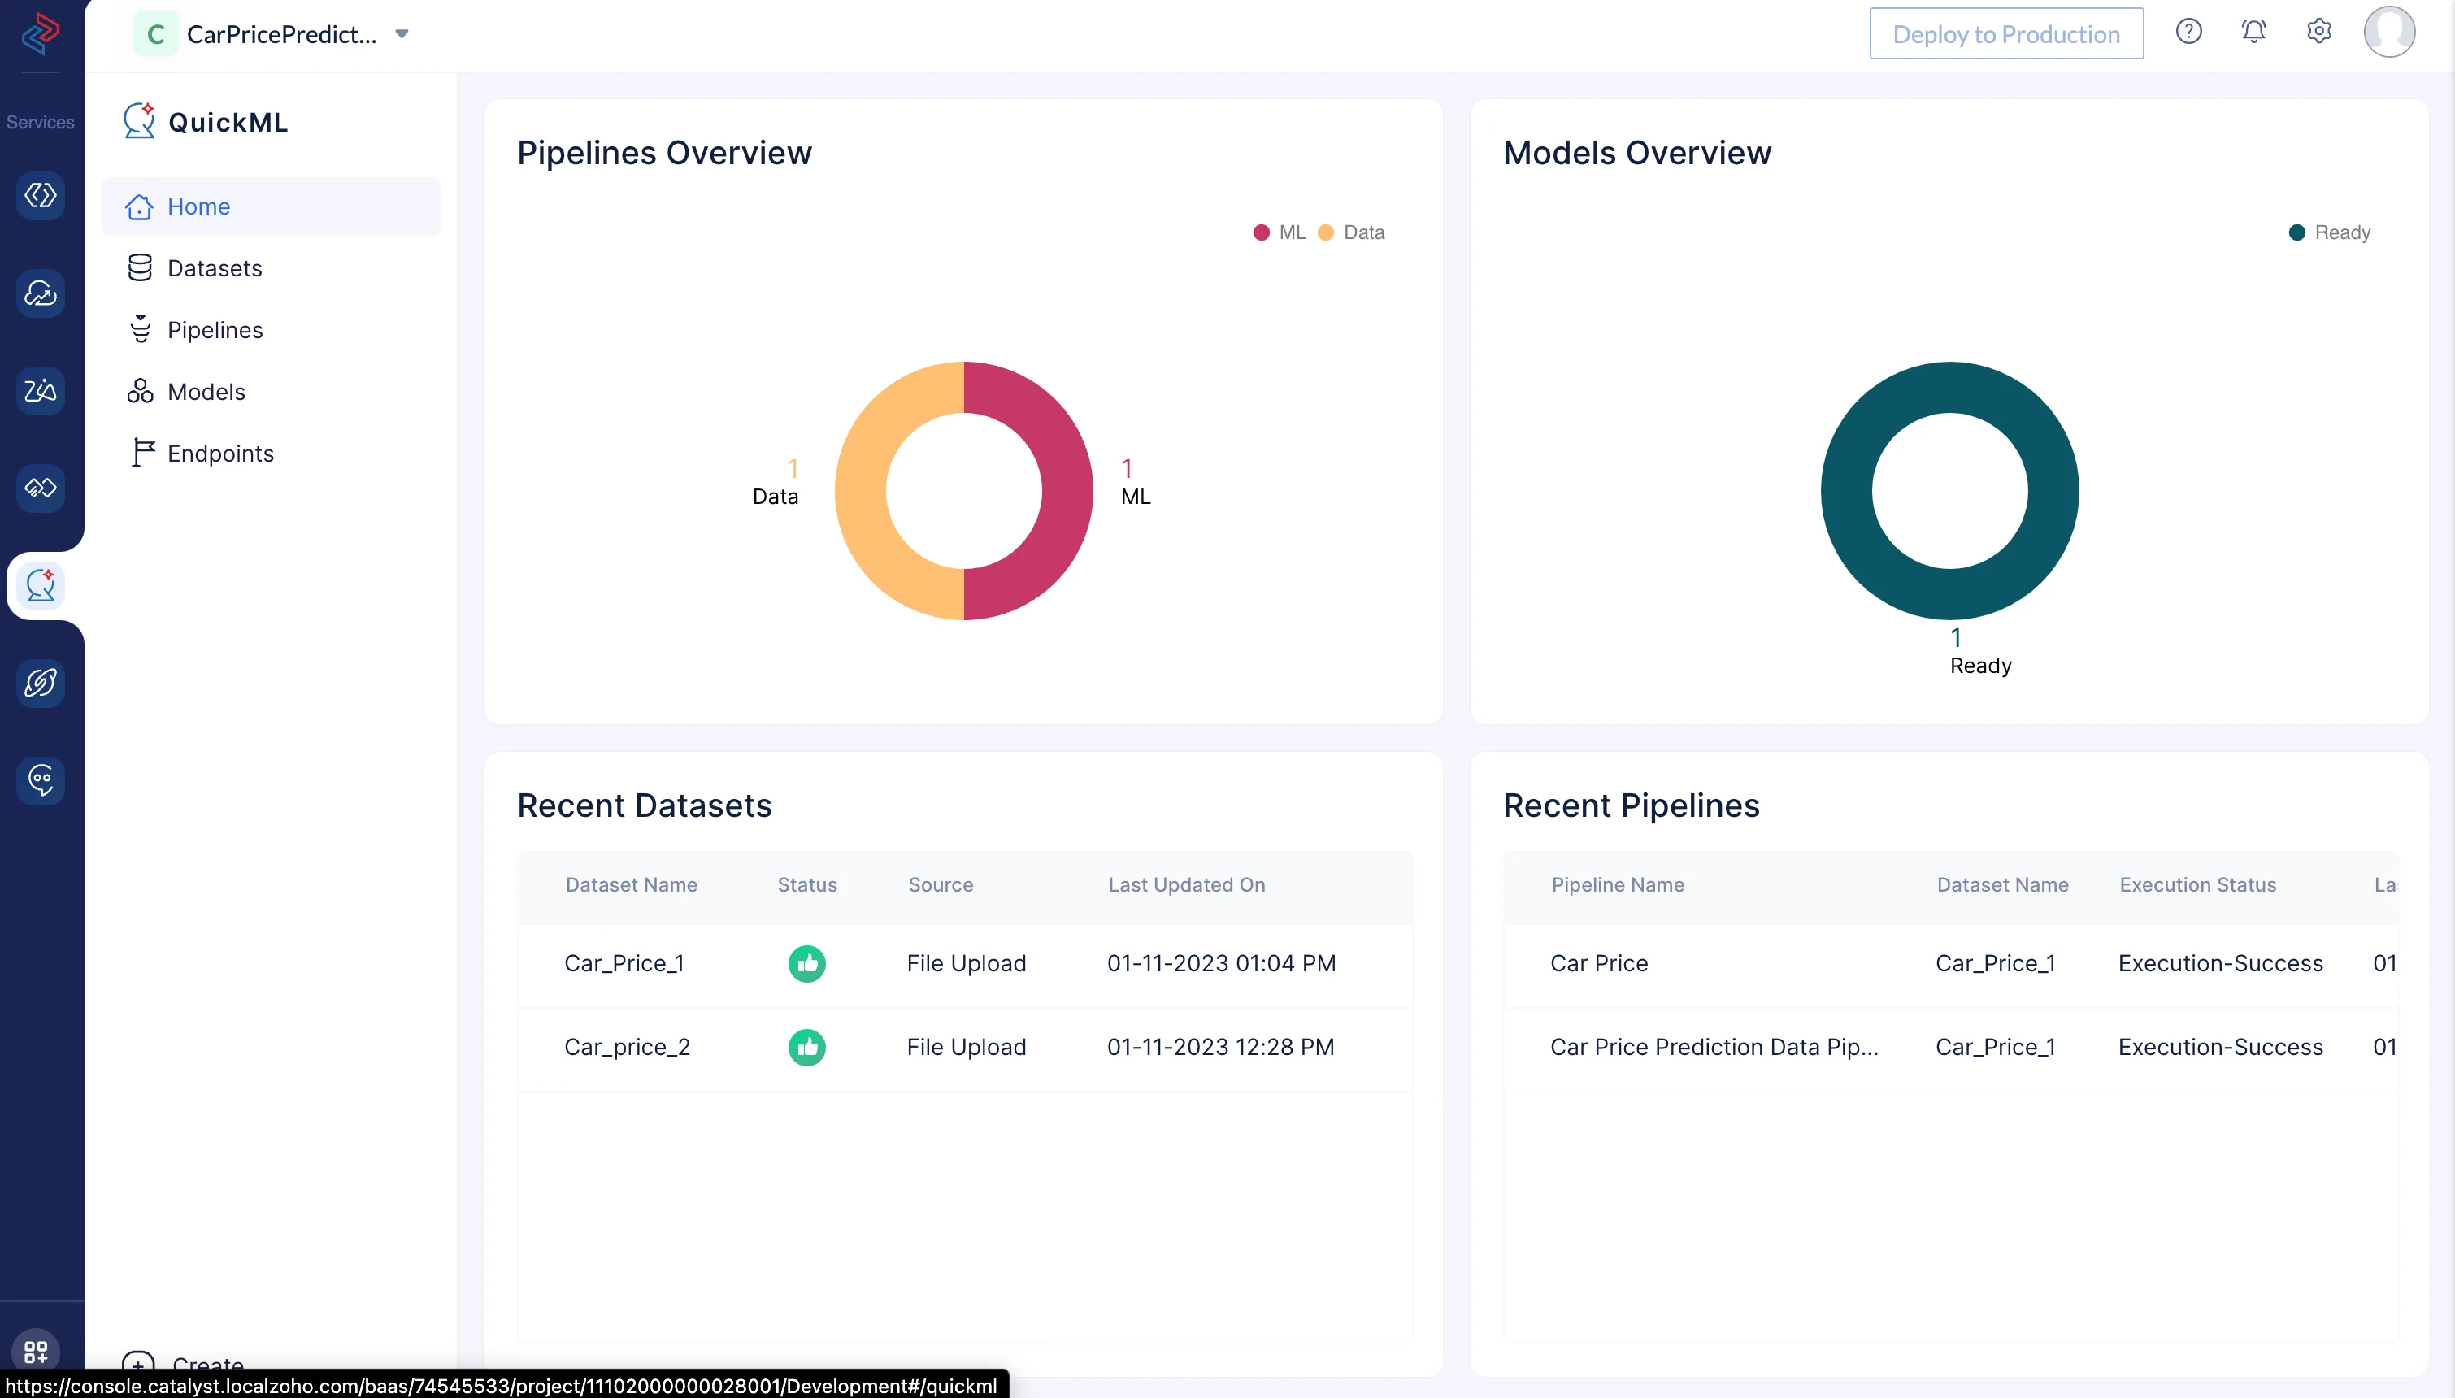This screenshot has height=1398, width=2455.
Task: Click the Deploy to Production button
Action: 2005,33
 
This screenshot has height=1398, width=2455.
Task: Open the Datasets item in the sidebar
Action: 214,268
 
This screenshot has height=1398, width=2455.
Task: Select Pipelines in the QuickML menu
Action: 214,329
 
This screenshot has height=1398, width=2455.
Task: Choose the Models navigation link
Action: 206,392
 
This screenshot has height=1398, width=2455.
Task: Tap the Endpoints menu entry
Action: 219,454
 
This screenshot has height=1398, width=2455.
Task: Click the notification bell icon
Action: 2253,32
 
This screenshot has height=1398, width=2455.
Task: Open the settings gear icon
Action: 2318,32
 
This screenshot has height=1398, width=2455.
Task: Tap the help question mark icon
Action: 2188,32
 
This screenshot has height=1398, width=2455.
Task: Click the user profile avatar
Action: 2389,32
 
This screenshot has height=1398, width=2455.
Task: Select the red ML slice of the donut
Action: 1066,491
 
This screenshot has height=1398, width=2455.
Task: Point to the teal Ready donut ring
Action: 1846,491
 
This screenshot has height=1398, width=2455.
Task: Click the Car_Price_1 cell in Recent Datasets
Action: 624,963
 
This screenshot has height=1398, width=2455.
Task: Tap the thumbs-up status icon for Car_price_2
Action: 806,1047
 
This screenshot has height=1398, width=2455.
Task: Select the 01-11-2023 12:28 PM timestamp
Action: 1220,1047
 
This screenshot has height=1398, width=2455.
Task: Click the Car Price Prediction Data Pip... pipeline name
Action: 1714,1047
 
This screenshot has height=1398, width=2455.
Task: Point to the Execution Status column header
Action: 2197,884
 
